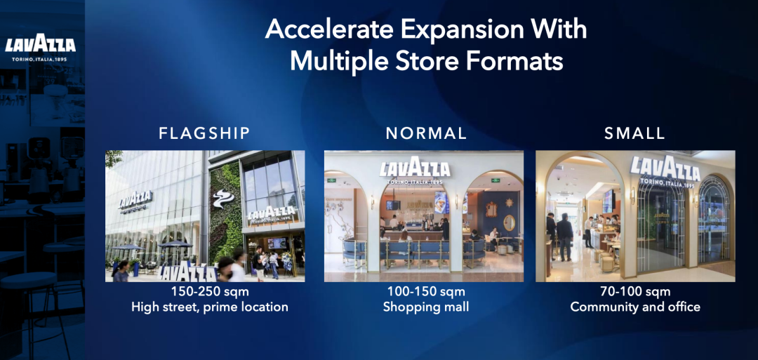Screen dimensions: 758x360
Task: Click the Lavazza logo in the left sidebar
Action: coord(40,50)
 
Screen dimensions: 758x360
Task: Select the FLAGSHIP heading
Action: coord(204,133)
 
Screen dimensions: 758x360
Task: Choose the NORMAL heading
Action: coord(426,133)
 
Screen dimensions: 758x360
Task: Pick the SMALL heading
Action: coord(634,133)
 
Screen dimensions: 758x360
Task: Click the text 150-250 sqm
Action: coord(205,292)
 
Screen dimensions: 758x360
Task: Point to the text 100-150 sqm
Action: coord(426,292)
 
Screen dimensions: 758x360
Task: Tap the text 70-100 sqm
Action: coord(635,292)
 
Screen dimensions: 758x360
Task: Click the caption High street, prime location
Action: coord(210,307)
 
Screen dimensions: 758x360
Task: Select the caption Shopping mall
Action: coord(426,307)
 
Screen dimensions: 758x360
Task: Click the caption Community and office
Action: coord(635,307)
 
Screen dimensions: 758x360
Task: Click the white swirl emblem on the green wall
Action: coord(223,199)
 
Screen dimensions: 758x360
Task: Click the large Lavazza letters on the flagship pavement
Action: coord(188,272)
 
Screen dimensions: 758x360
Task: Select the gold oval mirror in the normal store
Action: coord(509,222)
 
